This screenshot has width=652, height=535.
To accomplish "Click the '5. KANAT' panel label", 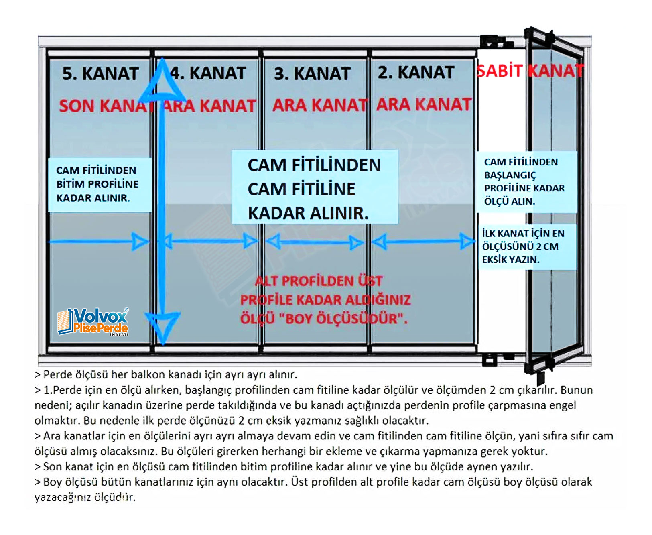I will (100, 74).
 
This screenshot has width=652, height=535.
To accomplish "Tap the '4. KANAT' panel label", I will (209, 73).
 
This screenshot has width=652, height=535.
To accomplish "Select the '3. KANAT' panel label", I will (312, 74).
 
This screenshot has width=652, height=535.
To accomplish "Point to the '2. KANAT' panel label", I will (416, 73).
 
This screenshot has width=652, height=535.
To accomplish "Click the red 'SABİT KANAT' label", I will (530, 71).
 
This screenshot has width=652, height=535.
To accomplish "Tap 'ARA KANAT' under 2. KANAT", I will (424, 104).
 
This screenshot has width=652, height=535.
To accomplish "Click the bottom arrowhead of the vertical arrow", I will (162, 325).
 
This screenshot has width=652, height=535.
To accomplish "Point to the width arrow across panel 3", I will (315, 242).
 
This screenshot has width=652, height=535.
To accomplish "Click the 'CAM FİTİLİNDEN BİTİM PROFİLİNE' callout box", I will (100, 184).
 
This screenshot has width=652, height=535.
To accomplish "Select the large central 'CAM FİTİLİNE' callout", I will (315, 189).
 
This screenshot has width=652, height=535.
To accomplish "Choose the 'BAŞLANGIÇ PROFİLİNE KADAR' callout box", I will (526, 181).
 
